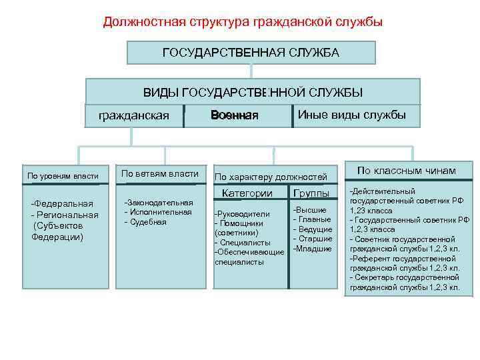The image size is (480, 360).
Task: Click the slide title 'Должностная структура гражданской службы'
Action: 243,22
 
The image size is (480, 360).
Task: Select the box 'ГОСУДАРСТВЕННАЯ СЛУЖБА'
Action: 251,52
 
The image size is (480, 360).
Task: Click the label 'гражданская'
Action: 134,115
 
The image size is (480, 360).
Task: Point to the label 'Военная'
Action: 234,115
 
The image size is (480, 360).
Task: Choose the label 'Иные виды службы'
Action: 351,114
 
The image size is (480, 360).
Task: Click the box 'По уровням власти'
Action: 63,175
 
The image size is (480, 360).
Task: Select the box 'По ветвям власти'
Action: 160,174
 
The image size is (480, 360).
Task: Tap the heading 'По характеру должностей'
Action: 270,177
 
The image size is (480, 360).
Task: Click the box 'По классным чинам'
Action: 407,171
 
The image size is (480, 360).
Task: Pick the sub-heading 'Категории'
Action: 247,193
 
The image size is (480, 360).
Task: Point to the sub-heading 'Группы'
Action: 311,193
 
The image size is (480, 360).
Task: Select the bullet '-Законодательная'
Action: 159,203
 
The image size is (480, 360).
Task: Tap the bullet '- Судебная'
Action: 145,221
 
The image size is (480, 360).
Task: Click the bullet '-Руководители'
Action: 241,214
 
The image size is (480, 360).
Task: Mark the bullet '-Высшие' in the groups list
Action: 310,210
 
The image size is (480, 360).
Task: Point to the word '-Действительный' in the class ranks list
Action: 382,191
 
